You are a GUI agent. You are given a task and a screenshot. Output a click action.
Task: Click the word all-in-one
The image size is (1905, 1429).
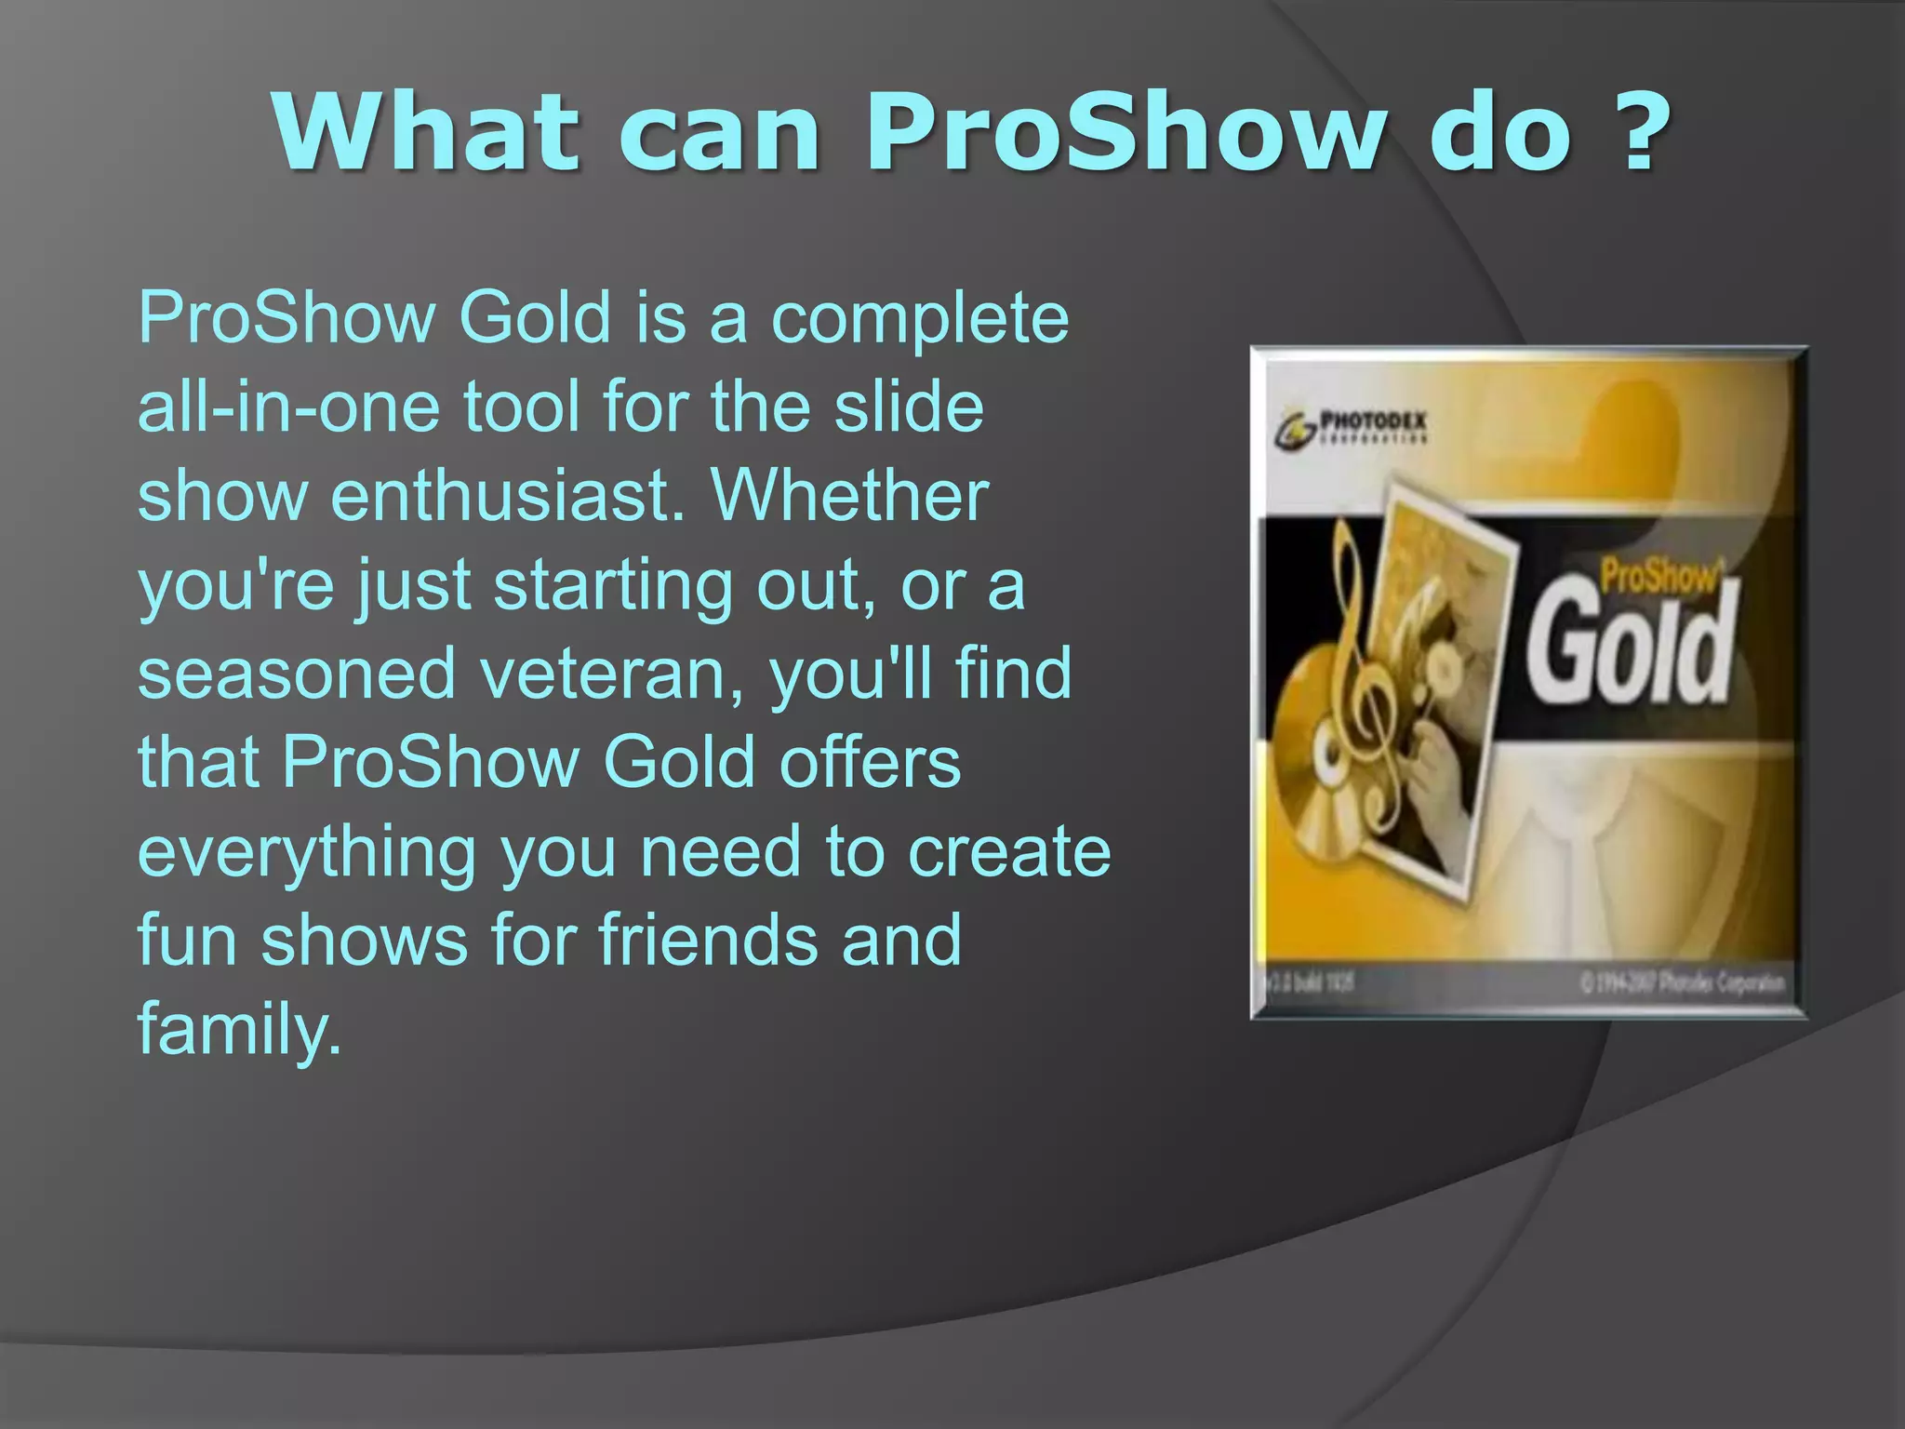(x=288, y=407)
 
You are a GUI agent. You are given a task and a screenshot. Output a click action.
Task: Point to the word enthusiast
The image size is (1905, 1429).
(x=508, y=496)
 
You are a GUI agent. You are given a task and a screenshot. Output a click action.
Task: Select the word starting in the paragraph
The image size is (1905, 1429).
(x=613, y=586)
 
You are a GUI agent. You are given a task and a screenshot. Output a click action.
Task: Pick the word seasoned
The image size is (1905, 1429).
(x=296, y=674)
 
